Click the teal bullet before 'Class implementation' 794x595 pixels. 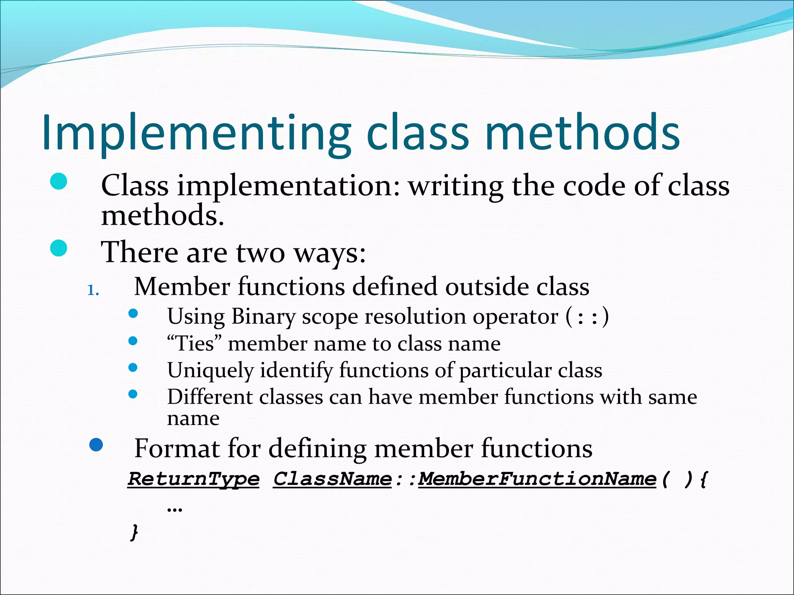point(59,181)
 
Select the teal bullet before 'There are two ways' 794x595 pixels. point(59,248)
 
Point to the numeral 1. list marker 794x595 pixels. point(93,290)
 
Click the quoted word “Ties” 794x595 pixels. point(194,344)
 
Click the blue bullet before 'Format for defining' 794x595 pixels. point(96,445)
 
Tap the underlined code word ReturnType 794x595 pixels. point(193,479)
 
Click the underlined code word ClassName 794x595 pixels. point(332,479)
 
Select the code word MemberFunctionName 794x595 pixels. point(537,479)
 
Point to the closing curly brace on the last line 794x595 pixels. point(134,532)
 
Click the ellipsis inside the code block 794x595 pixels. point(174,509)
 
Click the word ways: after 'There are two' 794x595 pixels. point(330,253)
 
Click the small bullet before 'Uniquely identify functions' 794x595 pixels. point(133,367)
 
